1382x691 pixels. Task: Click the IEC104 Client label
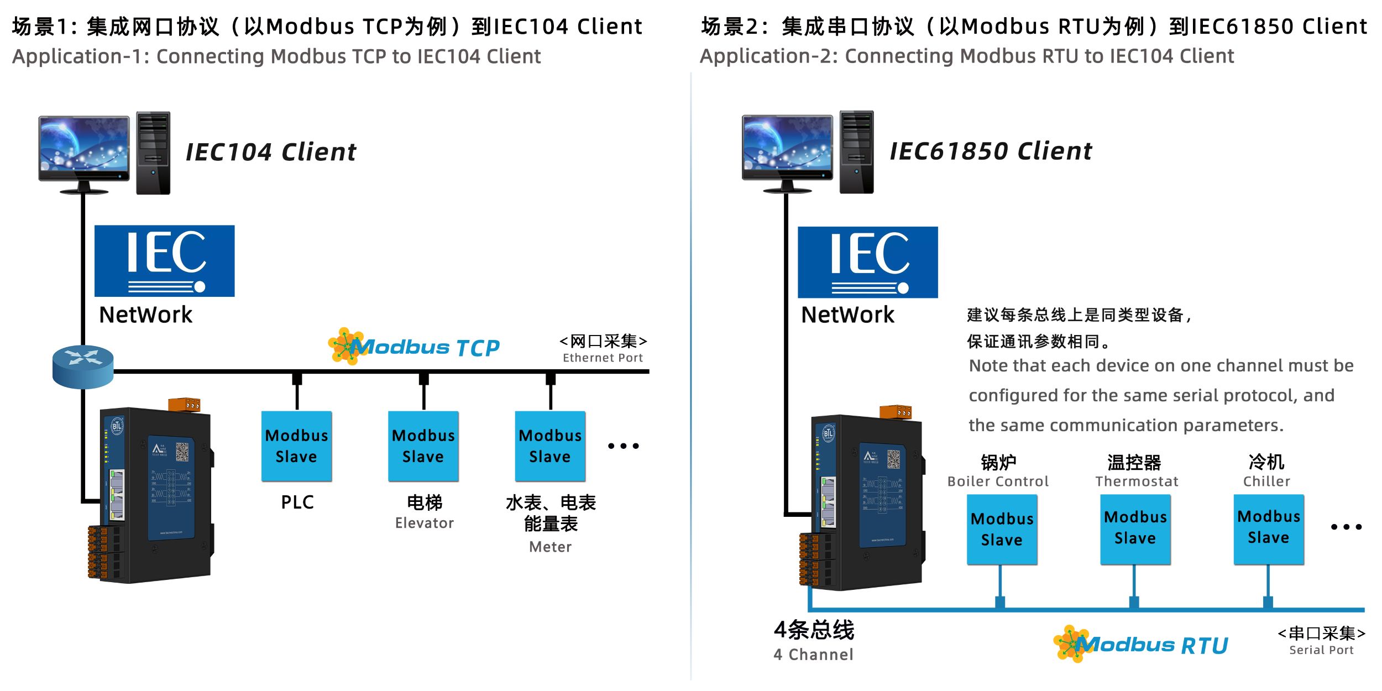(271, 152)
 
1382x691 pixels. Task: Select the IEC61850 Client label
(991, 151)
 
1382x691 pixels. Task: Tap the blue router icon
(83, 367)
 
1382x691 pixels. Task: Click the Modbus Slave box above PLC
(297, 446)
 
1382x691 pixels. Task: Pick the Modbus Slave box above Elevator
(423, 446)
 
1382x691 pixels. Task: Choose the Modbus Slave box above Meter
(550, 446)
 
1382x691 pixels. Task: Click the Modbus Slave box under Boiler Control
(1002, 530)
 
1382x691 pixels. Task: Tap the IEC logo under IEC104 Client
(165, 261)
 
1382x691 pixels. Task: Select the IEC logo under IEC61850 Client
(867, 262)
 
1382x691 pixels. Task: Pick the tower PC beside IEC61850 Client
(856, 152)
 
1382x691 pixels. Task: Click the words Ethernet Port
(603, 358)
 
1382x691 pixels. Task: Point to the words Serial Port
(1321, 650)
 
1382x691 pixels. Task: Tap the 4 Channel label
(813, 655)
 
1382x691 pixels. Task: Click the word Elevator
(424, 523)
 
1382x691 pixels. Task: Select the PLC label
(297, 502)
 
